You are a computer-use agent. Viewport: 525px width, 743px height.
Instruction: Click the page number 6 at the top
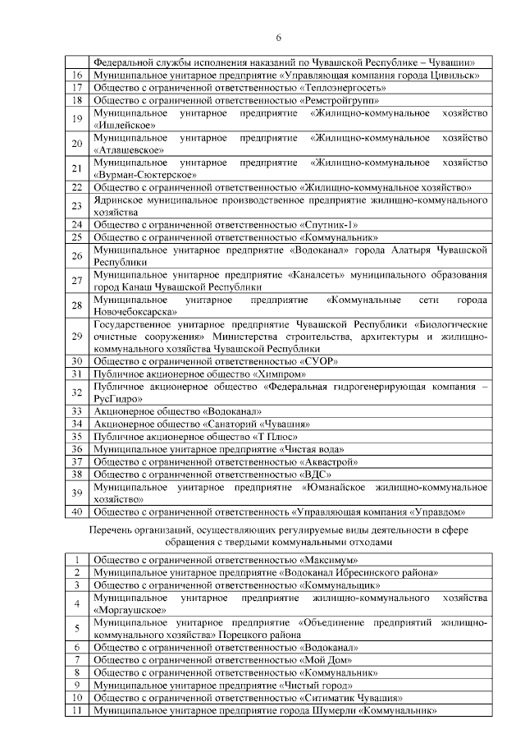[x=278, y=38]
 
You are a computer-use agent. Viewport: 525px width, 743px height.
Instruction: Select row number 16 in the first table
[x=78, y=74]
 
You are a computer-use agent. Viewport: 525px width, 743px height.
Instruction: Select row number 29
[x=78, y=336]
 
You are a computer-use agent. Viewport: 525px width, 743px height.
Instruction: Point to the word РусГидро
[x=119, y=397]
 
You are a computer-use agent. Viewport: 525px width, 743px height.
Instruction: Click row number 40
[x=78, y=511]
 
